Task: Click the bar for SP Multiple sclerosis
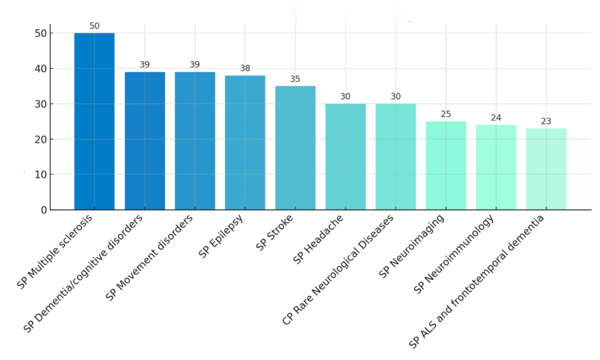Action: click(x=94, y=121)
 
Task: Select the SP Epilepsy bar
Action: click(x=245, y=143)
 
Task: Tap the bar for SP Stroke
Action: click(x=295, y=148)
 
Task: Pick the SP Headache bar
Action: click(x=346, y=156)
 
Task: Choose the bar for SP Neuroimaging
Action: click(x=446, y=165)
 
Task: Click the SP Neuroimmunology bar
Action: click(x=496, y=167)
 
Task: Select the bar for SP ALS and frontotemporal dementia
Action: click(x=546, y=169)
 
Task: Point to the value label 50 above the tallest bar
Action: click(x=94, y=26)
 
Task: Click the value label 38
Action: click(x=245, y=68)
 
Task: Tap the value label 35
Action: click(x=295, y=79)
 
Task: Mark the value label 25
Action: click(x=446, y=114)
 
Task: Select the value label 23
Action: click(x=546, y=121)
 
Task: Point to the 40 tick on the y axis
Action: click(x=41, y=69)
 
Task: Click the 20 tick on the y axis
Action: click(x=41, y=139)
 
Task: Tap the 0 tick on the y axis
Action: click(x=44, y=210)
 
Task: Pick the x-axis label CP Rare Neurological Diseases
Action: click(x=338, y=270)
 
